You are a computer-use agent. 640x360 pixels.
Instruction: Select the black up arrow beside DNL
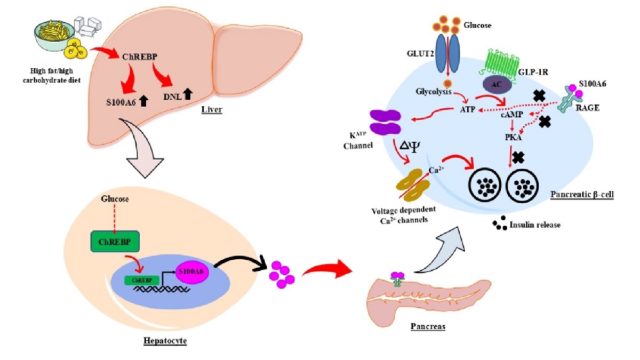pos(187,95)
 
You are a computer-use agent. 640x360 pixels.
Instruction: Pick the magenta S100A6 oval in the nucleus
pos(194,271)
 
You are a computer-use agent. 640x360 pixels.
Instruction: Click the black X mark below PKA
pos(517,157)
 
